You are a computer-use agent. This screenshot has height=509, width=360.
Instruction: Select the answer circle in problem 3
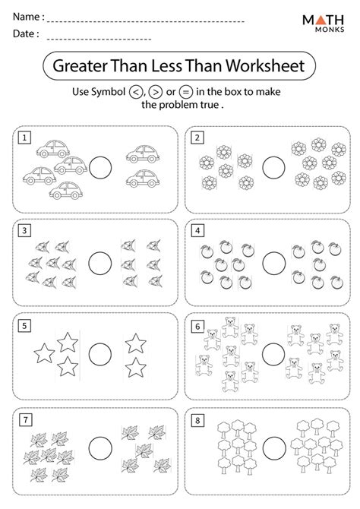100,262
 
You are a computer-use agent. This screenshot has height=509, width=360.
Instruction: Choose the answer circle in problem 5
100,354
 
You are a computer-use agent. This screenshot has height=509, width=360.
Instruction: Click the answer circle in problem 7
100,449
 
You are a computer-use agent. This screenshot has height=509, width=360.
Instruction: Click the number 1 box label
25,138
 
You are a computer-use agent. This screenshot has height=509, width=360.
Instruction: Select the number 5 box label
25,325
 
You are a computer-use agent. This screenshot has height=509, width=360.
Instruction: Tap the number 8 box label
199,419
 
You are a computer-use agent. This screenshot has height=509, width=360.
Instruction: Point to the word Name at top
27,16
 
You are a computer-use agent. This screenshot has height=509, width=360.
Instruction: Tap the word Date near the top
24,35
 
